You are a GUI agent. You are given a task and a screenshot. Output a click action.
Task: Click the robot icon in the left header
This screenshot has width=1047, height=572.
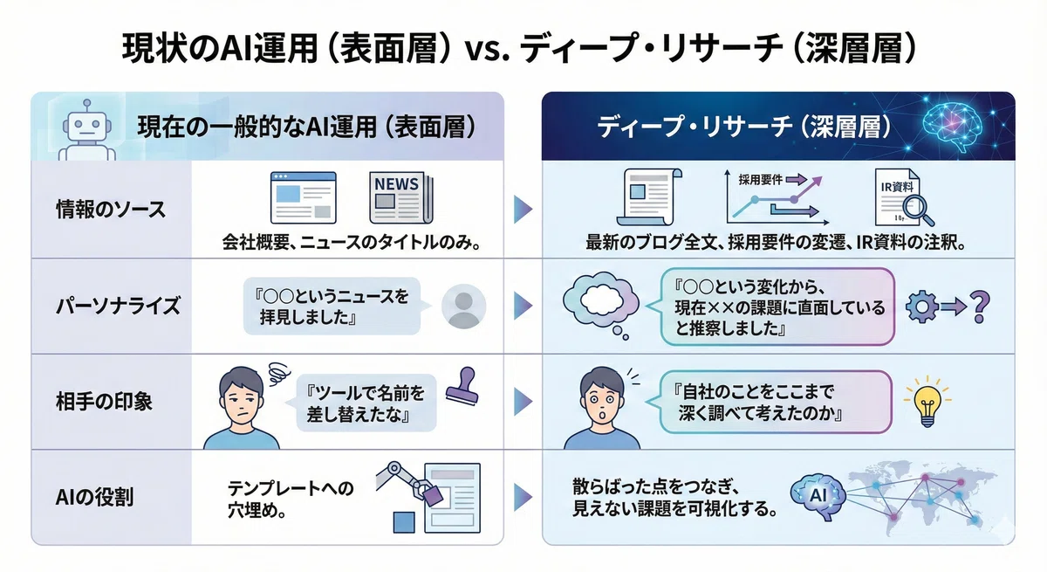pyautogui.click(x=87, y=131)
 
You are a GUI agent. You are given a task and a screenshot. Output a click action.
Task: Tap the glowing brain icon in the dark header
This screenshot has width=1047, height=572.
pyautogui.click(x=952, y=127)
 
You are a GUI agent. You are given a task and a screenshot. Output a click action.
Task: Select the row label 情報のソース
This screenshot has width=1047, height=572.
pyautogui.click(x=111, y=209)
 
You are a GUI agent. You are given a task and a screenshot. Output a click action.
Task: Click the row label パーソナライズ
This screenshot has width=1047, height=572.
pyautogui.click(x=118, y=307)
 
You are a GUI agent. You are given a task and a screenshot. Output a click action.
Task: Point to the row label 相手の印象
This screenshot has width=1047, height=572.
pyautogui.click(x=104, y=402)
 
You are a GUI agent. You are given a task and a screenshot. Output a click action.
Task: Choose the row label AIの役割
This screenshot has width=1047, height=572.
pyautogui.click(x=94, y=497)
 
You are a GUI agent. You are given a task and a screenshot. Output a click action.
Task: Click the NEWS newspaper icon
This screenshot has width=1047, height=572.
pyautogui.click(x=401, y=197)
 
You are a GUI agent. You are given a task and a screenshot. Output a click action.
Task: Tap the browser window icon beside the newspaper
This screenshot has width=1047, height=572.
pyautogui.click(x=304, y=197)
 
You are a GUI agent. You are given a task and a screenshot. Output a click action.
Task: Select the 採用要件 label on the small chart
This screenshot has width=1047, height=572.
pyautogui.click(x=761, y=180)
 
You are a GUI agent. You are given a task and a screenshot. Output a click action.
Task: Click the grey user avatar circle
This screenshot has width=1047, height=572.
pyautogui.click(x=463, y=307)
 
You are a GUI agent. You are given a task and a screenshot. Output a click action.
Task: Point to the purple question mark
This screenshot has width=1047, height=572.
pyautogui.click(x=980, y=307)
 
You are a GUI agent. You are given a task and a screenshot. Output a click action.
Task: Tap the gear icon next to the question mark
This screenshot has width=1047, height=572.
pyautogui.click(x=921, y=307)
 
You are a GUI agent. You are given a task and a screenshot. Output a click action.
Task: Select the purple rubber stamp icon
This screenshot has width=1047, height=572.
pyautogui.click(x=463, y=386)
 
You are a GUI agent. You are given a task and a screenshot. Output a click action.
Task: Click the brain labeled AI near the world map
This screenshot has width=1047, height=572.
pyautogui.click(x=818, y=497)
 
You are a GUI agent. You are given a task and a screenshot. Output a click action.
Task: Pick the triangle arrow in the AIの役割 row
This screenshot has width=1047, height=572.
pyautogui.click(x=523, y=497)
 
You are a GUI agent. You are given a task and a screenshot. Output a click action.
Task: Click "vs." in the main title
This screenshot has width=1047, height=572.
pyautogui.click(x=485, y=50)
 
